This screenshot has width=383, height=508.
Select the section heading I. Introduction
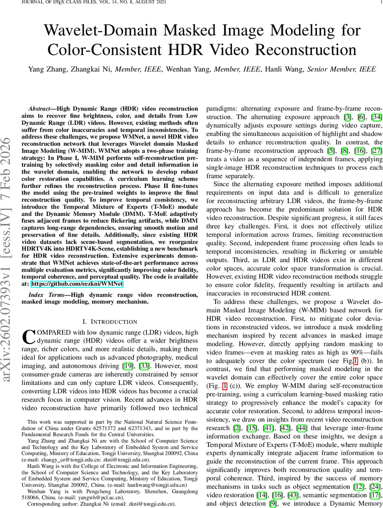pyautogui.click(x=109, y=322)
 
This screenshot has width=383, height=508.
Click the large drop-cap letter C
pyautogui.click(x=28, y=337)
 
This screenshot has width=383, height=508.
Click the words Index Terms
pyautogui.click(x=47, y=295)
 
